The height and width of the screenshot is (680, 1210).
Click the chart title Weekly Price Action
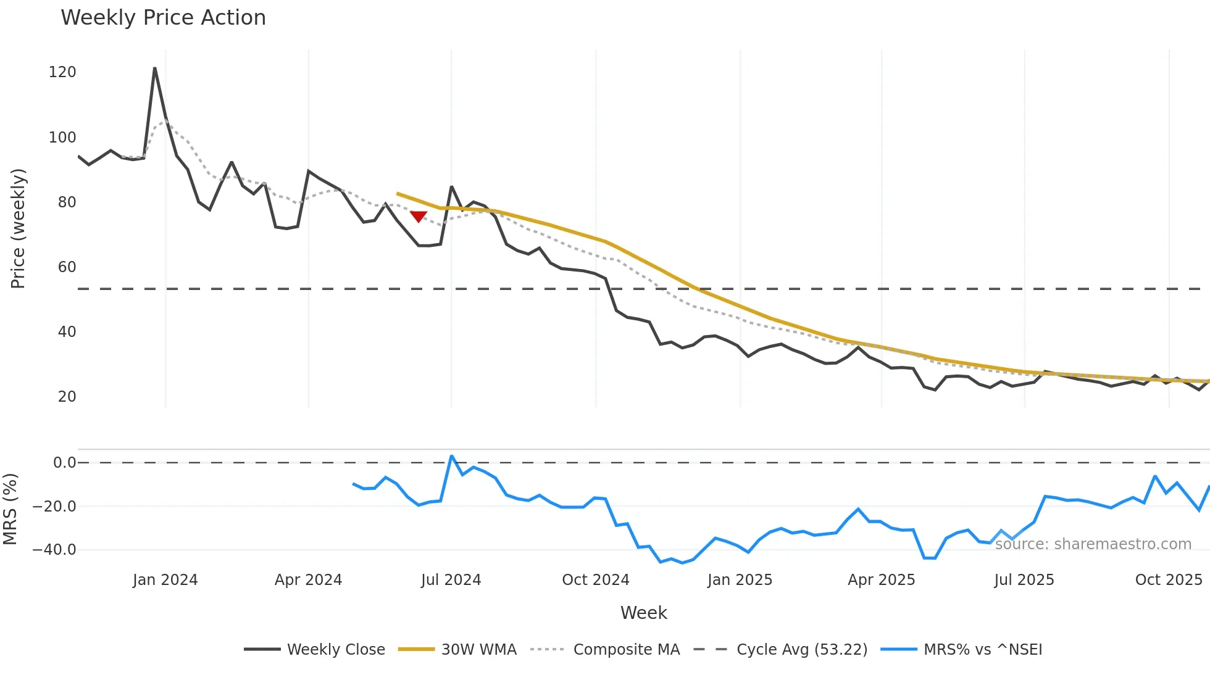tap(163, 18)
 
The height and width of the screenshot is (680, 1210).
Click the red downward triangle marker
tap(419, 217)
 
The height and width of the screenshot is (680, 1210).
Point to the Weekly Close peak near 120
tap(154, 68)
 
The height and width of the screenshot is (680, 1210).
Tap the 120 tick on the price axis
tap(62, 72)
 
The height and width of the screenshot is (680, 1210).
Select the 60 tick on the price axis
tap(67, 267)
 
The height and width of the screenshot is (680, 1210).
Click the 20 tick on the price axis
tap(67, 397)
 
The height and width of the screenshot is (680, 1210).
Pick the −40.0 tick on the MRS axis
tap(54, 550)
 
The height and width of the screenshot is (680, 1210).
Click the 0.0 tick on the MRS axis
tap(64, 463)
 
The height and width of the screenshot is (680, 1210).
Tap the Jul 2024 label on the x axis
tap(451, 580)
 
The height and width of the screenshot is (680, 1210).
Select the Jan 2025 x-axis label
tap(740, 580)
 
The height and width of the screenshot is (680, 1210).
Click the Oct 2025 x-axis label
tap(1169, 580)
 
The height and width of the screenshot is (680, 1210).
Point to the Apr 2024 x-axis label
tap(308, 580)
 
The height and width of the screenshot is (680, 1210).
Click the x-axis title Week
tap(643, 613)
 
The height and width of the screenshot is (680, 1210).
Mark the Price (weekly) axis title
tap(18, 228)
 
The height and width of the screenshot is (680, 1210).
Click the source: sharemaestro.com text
tap(1093, 544)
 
